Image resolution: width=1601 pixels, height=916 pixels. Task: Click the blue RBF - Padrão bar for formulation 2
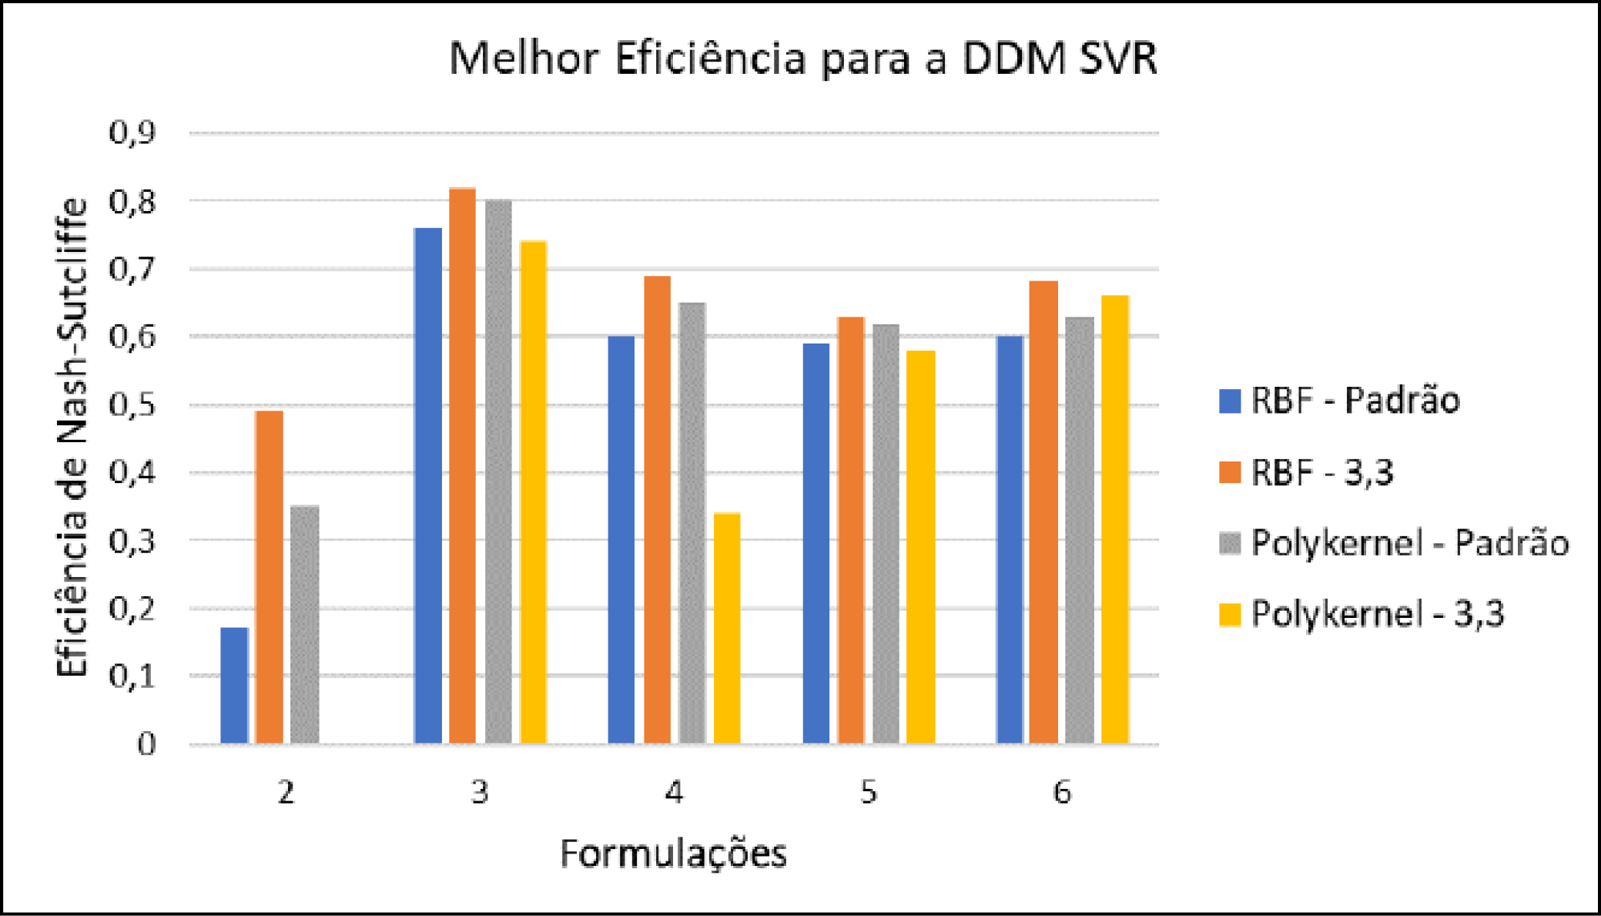point(234,685)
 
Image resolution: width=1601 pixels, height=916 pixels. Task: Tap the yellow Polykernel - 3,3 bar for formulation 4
point(727,628)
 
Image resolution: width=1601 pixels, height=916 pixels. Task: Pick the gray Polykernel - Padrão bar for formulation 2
point(305,624)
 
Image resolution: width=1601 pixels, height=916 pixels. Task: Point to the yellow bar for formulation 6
point(1115,519)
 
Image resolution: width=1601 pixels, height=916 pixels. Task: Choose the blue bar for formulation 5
point(816,543)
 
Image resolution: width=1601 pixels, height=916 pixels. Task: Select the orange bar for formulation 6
point(1043,512)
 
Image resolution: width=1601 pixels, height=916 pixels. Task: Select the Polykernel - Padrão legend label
point(1409,543)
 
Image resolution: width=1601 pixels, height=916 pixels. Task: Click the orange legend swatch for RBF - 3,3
point(1230,472)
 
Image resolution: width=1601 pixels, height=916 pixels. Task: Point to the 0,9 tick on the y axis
point(132,133)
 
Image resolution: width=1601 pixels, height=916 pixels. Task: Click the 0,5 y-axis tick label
point(132,404)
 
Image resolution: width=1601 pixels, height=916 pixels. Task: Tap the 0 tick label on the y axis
point(146,744)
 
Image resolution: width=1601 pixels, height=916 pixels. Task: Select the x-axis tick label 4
point(674,792)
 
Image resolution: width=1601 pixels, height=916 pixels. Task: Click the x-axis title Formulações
point(673,854)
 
